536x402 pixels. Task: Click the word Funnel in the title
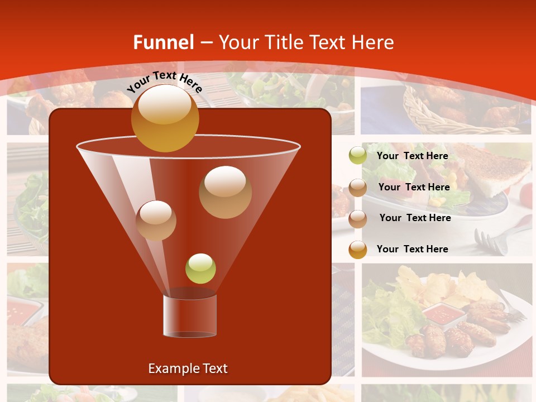pyautogui.click(x=164, y=42)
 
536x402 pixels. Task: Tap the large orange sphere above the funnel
pyautogui.click(x=165, y=118)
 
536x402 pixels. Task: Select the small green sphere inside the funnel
pyautogui.click(x=200, y=269)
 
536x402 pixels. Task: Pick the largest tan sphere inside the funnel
pyautogui.click(x=225, y=192)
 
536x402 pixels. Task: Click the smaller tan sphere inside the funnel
pyautogui.click(x=156, y=220)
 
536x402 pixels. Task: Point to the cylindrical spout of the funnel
pyautogui.click(x=189, y=316)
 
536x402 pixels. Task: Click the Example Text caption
pyautogui.click(x=188, y=368)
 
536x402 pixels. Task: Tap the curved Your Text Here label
pyautogui.click(x=164, y=82)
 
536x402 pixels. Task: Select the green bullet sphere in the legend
pyautogui.click(x=358, y=156)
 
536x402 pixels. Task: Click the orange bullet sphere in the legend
pyautogui.click(x=358, y=250)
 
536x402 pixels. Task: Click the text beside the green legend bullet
pyautogui.click(x=412, y=156)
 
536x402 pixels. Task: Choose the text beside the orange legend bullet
pyautogui.click(x=412, y=249)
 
